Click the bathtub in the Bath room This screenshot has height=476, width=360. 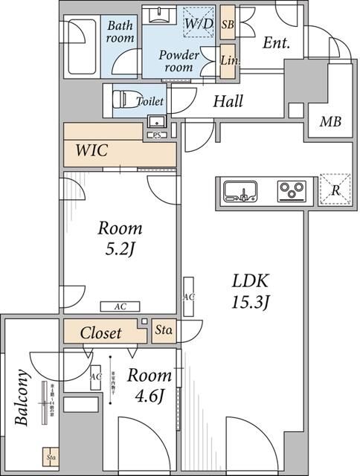(x=83, y=48)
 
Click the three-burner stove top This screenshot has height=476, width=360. (x=292, y=191)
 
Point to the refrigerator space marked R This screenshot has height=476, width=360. (x=335, y=190)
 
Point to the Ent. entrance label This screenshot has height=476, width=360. (x=276, y=44)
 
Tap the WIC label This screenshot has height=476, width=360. (x=92, y=151)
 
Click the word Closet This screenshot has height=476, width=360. (x=100, y=332)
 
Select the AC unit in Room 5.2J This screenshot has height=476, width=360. (x=120, y=306)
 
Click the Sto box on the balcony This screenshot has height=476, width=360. (x=51, y=459)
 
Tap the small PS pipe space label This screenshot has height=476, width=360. (x=157, y=135)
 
